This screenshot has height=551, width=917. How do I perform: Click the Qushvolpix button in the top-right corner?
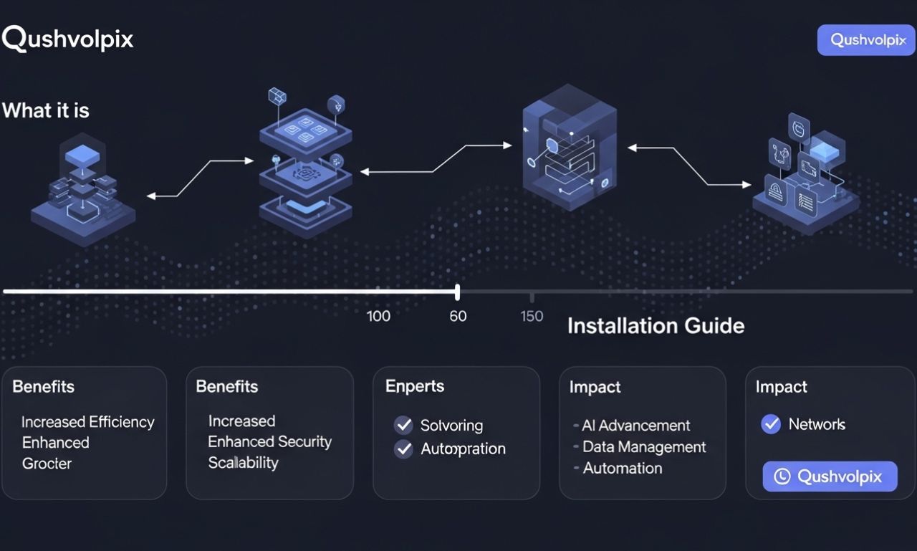coord(867,40)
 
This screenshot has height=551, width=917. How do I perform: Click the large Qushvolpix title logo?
coord(68,39)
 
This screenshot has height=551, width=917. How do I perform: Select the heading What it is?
coord(46,110)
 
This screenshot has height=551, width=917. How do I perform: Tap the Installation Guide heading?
coord(656,326)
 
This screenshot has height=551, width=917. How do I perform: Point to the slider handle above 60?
coord(457,292)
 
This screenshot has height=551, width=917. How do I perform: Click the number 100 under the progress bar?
coord(378,316)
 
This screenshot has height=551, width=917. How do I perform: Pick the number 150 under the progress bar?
coord(532,316)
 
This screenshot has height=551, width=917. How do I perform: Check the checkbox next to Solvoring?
coord(404,425)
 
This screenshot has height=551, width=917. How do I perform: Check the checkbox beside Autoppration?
coord(404,449)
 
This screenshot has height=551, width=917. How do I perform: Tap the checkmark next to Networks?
coord(771,424)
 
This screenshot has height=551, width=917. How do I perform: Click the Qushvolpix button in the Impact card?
coord(830,476)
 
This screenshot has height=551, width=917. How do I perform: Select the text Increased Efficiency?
coord(87,422)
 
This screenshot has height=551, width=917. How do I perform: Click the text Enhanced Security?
coord(269,442)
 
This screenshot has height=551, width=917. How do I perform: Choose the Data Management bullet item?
coord(644,447)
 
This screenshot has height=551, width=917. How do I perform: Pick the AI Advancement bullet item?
coord(636,426)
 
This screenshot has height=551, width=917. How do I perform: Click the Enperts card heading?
coord(415,386)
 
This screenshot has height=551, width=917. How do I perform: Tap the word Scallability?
coord(243,463)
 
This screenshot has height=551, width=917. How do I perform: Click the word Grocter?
coord(47,464)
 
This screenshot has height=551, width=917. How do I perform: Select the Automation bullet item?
coord(622,469)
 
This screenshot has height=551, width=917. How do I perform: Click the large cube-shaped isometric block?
coord(569,148)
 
